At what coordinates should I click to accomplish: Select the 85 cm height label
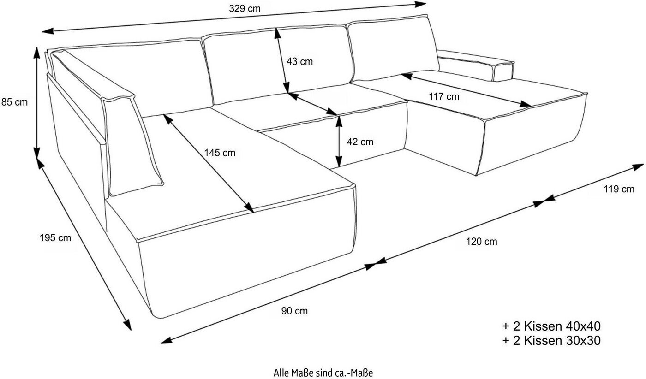[15, 102]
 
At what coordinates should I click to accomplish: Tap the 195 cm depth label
[55, 238]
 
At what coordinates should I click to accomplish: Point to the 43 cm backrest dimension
[299, 61]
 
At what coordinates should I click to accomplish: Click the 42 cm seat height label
[360, 142]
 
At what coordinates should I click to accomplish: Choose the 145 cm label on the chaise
[220, 153]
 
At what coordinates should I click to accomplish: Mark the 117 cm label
[444, 97]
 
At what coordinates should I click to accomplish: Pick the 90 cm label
[294, 311]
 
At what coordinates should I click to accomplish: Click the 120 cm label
[482, 242]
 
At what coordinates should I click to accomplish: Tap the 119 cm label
[619, 189]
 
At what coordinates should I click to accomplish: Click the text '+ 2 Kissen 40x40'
[551, 326]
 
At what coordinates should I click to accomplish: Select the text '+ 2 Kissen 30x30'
[551, 341]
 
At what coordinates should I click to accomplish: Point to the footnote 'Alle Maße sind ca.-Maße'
[323, 372]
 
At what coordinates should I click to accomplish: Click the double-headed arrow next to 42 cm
[339, 141]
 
